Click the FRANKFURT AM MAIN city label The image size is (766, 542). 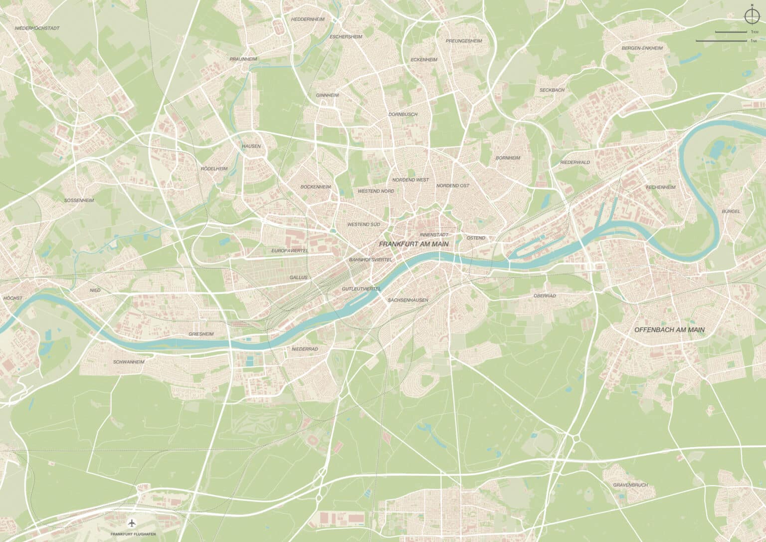click(414, 244)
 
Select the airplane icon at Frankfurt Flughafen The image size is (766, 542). click(132, 523)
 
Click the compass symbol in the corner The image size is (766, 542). click(752, 16)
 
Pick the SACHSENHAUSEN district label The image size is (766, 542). click(407, 300)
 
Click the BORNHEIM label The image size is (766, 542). click(508, 158)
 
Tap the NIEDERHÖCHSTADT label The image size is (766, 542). click(37, 28)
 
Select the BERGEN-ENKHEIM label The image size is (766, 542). click(642, 48)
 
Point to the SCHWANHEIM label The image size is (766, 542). click(128, 361)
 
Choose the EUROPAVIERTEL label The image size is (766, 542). click(290, 250)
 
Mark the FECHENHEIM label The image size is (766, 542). click(660, 187)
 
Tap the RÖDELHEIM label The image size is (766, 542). click(214, 169)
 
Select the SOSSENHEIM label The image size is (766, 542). click(79, 200)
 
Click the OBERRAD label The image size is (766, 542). click(545, 295)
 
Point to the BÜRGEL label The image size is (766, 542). click(731, 212)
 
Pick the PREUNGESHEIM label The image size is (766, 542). click(464, 41)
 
